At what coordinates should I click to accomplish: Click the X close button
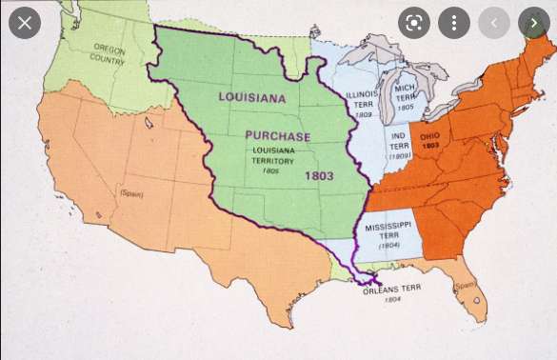tap(24, 22)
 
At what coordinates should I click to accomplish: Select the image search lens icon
tap(414, 22)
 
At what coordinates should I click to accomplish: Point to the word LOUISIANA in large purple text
tap(251, 97)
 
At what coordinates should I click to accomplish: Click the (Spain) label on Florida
tap(466, 286)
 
